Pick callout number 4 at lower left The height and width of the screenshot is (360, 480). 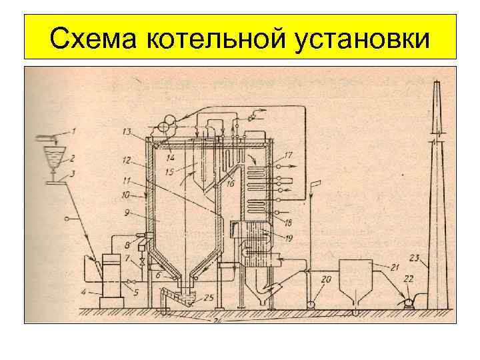(x=83, y=291)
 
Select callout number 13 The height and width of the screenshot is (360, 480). (x=127, y=131)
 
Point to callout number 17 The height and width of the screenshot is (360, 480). (x=288, y=155)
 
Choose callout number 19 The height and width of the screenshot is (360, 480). (x=289, y=237)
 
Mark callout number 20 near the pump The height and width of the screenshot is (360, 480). (x=326, y=280)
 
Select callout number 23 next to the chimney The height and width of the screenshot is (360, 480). (x=414, y=257)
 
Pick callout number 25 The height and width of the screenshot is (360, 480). (x=208, y=298)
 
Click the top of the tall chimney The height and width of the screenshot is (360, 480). (x=435, y=81)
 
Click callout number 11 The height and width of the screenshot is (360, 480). (x=127, y=180)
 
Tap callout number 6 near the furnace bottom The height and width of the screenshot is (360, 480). (x=157, y=275)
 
